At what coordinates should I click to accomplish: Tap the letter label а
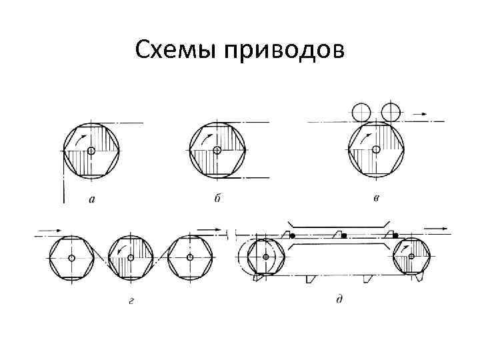(x=91, y=198)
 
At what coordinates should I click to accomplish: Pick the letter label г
(x=131, y=301)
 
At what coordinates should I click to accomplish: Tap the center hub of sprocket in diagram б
(x=218, y=151)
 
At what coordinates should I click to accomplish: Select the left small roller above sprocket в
(x=361, y=111)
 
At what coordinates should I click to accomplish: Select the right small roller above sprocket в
(x=391, y=111)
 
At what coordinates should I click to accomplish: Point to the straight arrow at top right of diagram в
(x=420, y=114)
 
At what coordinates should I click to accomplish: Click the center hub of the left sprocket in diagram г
(x=71, y=257)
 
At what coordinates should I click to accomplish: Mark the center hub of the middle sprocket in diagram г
(x=131, y=257)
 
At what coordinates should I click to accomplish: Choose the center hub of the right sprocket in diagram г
(x=190, y=257)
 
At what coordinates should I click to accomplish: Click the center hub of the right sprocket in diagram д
(x=411, y=257)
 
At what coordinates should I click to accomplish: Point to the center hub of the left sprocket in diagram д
(x=267, y=257)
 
